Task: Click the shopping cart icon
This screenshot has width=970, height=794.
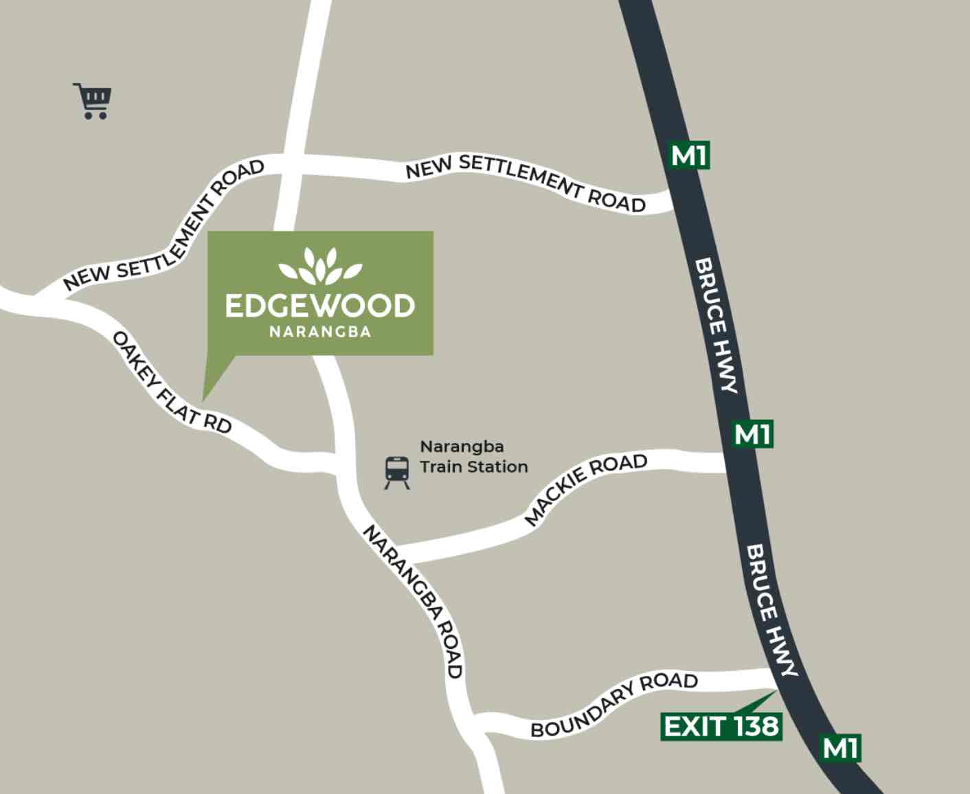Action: [93, 101]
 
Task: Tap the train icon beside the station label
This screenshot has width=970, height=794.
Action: [397, 472]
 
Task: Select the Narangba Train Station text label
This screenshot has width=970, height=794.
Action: [473, 457]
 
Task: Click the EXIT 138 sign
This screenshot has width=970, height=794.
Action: [721, 726]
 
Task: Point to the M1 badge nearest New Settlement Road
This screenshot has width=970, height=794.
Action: [688, 155]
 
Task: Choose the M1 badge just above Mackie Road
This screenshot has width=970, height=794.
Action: [752, 434]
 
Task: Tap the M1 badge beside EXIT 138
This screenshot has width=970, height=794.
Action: [841, 747]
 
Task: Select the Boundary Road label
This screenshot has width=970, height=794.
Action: [614, 704]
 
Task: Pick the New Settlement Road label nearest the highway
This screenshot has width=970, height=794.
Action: [526, 182]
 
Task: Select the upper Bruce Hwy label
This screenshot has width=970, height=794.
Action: [717, 325]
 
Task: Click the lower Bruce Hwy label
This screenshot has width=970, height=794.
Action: [771, 610]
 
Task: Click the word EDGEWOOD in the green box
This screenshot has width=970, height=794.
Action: [319, 306]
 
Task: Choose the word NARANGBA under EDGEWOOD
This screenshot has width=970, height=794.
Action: [319, 332]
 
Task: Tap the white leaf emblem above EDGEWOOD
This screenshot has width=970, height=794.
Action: [319, 266]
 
